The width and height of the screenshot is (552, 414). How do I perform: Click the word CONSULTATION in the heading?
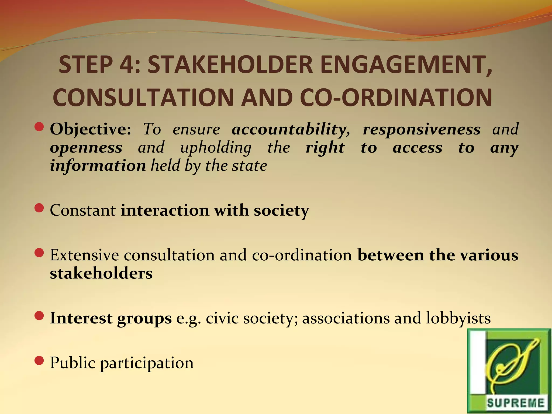(143, 98)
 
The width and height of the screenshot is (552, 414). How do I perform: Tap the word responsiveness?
(422, 129)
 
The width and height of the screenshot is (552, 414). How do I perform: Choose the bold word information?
(98, 165)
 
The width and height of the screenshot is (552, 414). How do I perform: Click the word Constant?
(83, 210)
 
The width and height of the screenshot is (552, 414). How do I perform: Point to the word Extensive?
(84, 255)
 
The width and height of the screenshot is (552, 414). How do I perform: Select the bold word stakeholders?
(101, 273)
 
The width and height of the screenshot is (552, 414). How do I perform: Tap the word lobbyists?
(458, 318)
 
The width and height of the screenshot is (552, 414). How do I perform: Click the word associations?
(346, 318)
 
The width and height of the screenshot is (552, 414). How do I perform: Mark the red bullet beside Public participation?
(39, 360)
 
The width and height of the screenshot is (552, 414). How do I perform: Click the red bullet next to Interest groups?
(39, 316)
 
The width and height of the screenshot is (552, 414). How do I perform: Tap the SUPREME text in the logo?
(516, 403)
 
